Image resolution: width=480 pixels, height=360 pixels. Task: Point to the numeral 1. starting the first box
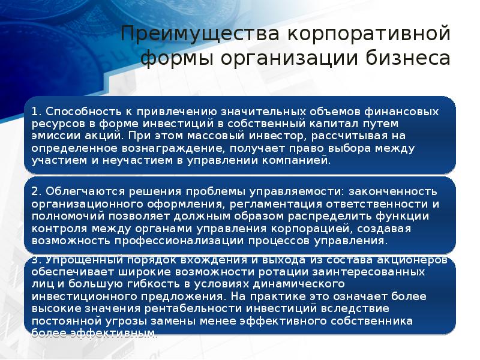point(35,112)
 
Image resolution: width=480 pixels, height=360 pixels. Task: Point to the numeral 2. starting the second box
point(36,191)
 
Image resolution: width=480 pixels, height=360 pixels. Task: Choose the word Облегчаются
point(78,191)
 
